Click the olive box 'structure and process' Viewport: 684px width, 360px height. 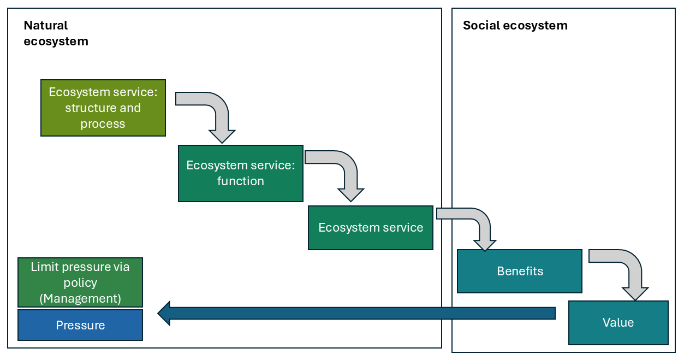103,108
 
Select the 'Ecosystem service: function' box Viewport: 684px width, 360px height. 240,173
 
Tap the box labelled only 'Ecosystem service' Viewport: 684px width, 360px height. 371,228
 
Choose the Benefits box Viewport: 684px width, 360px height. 520,271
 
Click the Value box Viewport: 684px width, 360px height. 618,322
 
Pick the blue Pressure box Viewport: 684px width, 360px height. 80,325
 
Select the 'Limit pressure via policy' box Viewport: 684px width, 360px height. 80,282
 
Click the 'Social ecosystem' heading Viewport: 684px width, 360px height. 515,25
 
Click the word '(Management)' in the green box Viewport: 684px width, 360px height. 80,298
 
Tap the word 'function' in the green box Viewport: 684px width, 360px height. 241,181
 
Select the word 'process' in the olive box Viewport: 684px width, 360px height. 103,123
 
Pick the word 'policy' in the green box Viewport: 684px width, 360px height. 80,282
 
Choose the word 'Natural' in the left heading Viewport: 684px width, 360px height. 46,25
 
